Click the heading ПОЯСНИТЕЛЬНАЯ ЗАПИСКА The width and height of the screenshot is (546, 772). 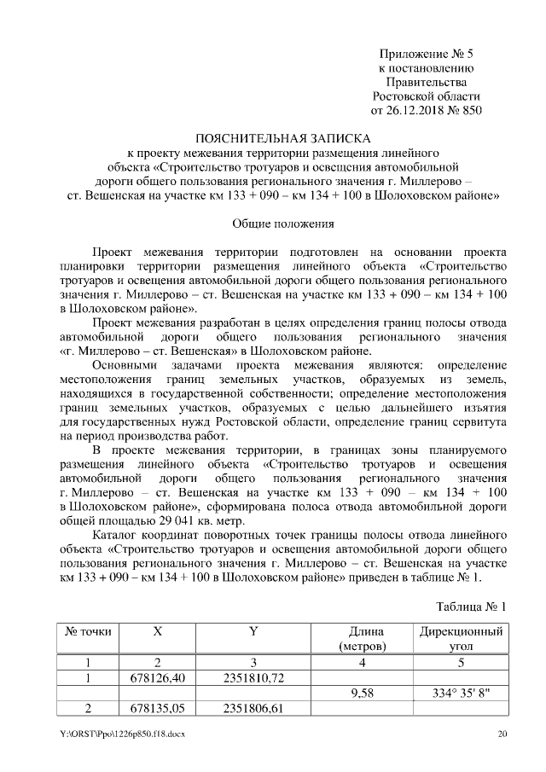click(282, 137)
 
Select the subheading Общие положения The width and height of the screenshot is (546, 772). click(282, 224)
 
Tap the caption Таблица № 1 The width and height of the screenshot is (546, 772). click(472, 607)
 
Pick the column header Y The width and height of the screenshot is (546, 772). click(253, 632)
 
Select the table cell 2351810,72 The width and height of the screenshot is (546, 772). click(253, 678)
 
